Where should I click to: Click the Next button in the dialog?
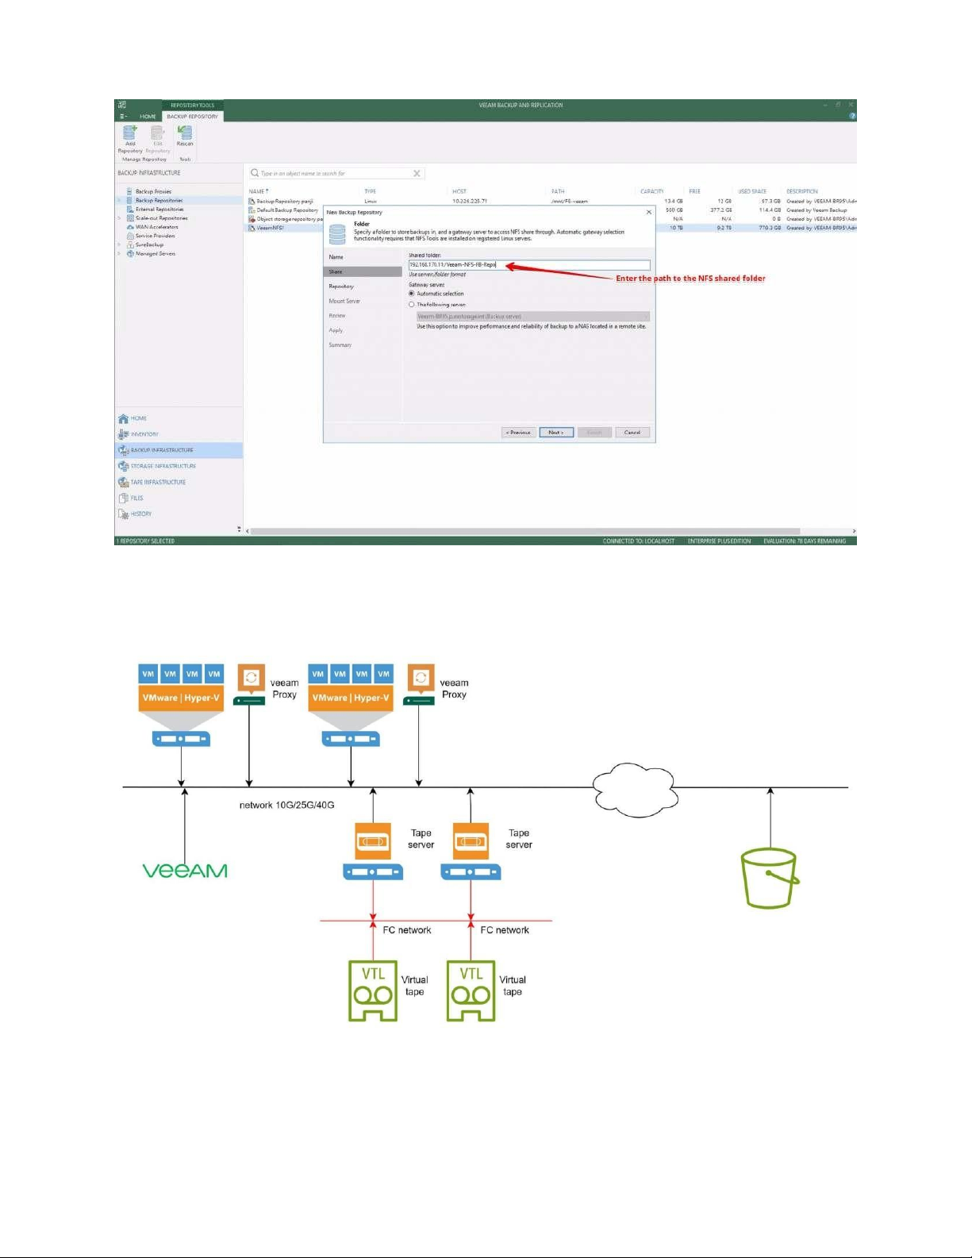click(x=555, y=433)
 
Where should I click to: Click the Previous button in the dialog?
click(x=518, y=433)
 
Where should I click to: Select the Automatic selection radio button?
click(x=412, y=294)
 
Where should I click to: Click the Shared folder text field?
click(x=528, y=265)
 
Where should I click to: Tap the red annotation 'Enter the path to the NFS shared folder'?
click(x=690, y=279)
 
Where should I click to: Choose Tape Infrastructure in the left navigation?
click(x=157, y=483)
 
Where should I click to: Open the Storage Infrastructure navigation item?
click(x=162, y=467)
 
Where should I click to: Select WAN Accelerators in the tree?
click(x=156, y=227)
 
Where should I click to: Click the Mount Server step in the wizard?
click(x=344, y=301)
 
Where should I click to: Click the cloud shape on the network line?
click(x=633, y=790)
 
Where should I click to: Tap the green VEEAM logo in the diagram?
click(x=185, y=871)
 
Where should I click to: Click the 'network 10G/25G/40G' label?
click(x=286, y=805)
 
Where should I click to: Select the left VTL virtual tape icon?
click(x=373, y=991)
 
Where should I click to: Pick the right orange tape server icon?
click(x=471, y=841)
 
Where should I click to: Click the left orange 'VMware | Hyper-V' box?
click(x=181, y=698)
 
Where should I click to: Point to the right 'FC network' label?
click(x=505, y=930)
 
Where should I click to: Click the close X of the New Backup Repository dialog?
click(x=648, y=213)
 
